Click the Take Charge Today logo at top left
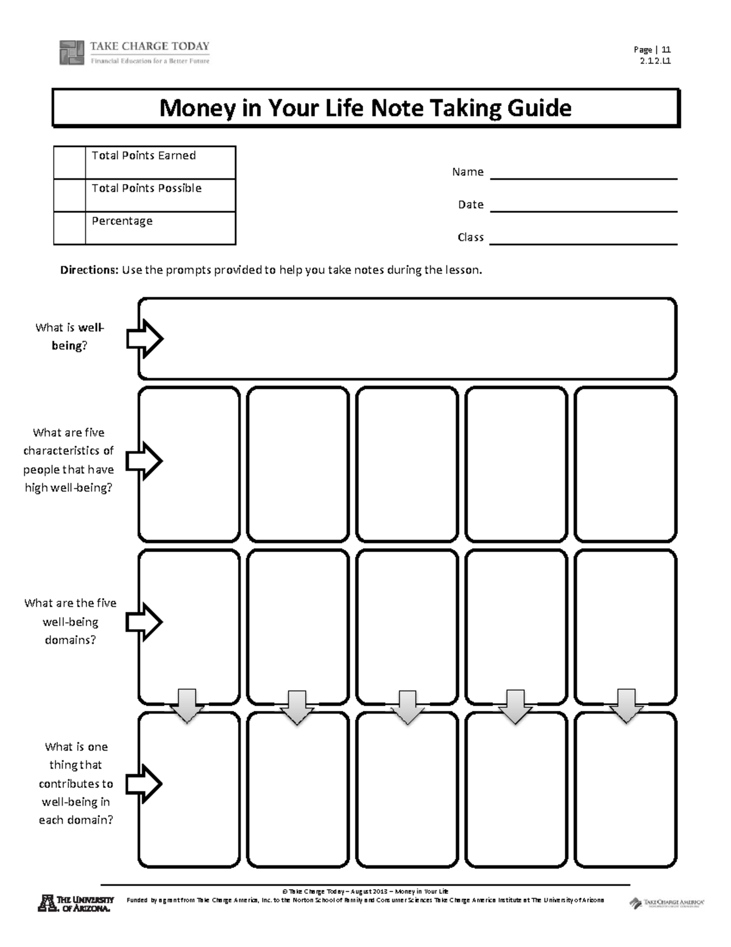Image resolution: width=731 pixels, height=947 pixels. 134,52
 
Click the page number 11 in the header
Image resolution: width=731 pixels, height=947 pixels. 666,50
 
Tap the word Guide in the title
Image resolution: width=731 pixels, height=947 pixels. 539,109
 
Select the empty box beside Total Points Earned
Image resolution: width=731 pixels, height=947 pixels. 69,162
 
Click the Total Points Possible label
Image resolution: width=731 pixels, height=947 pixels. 146,188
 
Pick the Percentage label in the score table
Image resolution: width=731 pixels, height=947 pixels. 122,221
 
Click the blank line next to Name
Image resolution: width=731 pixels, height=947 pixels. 583,177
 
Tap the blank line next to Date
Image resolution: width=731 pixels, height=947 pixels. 583,210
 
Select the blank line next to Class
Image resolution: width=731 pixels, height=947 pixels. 583,243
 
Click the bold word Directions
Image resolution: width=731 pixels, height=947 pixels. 89,270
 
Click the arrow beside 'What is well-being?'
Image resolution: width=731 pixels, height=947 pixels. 144,338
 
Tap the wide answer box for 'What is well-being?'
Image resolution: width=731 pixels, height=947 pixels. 407,339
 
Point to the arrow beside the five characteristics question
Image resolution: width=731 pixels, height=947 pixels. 144,461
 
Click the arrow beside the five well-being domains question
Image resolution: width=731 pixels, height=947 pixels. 144,622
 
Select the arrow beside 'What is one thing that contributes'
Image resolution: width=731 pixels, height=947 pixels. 144,784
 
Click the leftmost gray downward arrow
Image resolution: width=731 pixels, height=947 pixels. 186,706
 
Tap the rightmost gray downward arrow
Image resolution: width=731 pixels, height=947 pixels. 626,706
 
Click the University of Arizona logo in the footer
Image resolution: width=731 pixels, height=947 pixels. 76,903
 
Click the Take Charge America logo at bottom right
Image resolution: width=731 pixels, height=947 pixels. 666,902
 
